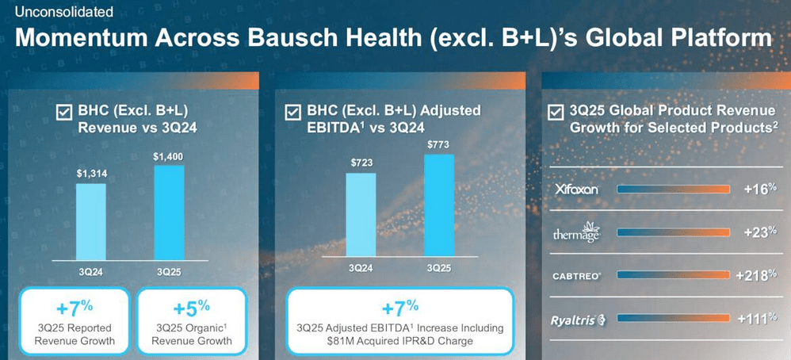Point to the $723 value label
point(361,163)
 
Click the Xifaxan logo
point(578,190)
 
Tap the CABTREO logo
point(577,276)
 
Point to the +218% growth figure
point(757,276)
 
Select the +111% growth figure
point(757,320)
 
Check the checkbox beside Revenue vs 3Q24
point(64,113)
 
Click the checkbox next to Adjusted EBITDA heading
point(292,113)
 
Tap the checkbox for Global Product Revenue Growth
point(557,113)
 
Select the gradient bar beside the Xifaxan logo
point(673,190)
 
